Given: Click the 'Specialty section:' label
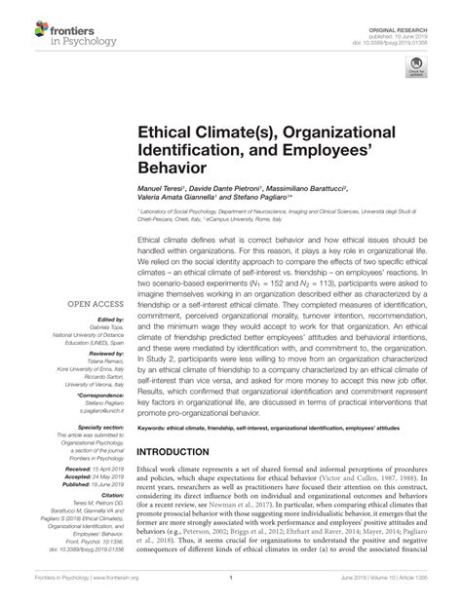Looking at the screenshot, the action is (96, 399).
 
